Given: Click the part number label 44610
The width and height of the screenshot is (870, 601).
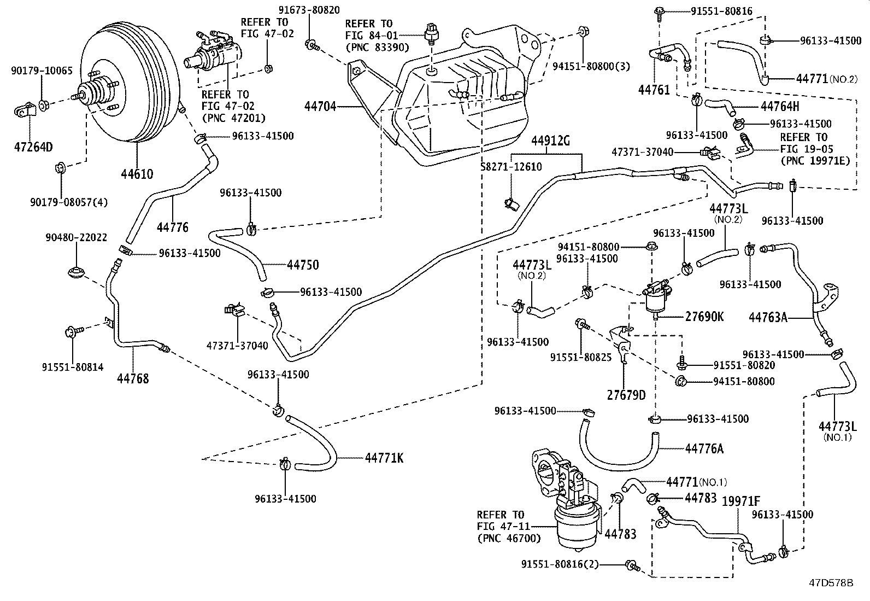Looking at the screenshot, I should tap(137, 174).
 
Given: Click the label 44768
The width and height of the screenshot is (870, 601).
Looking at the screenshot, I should tap(133, 378).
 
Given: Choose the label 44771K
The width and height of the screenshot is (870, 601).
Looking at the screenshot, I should tap(384, 458).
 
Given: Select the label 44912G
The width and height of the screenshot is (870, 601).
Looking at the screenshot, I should tap(550, 142).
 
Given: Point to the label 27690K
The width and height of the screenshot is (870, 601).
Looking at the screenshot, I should tap(704, 317).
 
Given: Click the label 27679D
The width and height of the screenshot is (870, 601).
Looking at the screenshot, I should tap(626, 395).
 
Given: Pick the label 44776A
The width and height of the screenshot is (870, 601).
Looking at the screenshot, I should tap(704, 448).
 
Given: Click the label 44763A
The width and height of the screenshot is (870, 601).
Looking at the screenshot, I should tap(768, 317).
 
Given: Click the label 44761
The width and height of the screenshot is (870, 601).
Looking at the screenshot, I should tap(654, 90).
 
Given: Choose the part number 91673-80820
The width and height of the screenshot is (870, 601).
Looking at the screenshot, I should tap(309, 10).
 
